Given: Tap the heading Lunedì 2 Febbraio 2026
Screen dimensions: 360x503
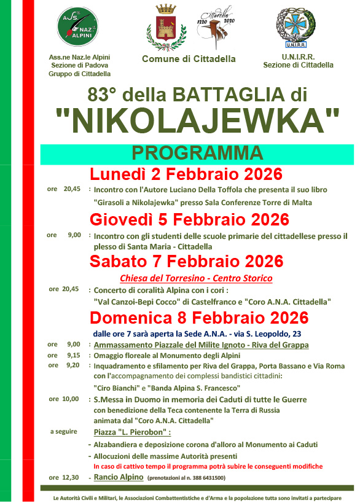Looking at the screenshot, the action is coord(186,174).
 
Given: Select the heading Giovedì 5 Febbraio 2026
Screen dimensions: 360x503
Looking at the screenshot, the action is coord(189,220).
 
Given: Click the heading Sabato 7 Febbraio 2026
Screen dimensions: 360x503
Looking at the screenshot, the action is coord(186,261).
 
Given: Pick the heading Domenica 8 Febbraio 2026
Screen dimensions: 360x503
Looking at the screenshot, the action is coord(198,318).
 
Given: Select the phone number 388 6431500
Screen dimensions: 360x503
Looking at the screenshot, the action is coord(205,478).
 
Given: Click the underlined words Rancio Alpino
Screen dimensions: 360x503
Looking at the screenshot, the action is coord(118,477).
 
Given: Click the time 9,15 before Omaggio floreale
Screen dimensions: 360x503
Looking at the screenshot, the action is coord(73,355).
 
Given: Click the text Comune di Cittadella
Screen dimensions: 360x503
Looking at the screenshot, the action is coord(189,59).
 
